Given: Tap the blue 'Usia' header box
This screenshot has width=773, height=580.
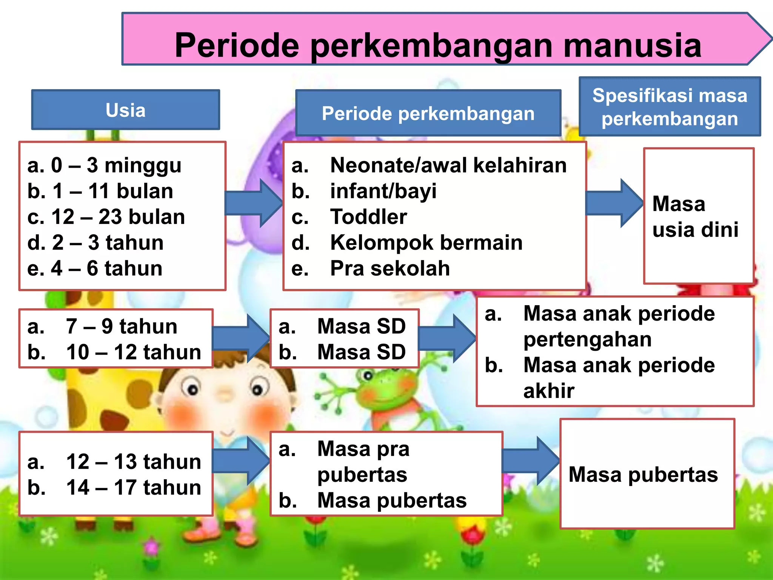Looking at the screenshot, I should pyautogui.click(x=125, y=110).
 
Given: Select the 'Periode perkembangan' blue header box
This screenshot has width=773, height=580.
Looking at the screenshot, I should pyautogui.click(x=428, y=113).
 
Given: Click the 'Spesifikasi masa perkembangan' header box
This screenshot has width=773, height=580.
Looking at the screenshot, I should pyautogui.click(x=670, y=107).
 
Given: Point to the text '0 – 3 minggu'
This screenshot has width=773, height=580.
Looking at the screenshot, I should pyautogui.click(x=116, y=165).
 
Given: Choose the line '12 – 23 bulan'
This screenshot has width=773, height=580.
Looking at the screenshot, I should pyautogui.click(x=118, y=217).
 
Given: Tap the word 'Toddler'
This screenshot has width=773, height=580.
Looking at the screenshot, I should pyautogui.click(x=368, y=217).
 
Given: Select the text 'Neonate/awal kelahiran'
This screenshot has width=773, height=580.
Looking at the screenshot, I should pyautogui.click(x=448, y=165).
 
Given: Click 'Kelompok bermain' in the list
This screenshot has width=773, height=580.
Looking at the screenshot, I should pyautogui.click(x=426, y=242).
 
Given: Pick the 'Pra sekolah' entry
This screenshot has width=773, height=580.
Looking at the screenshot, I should pyautogui.click(x=390, y=268).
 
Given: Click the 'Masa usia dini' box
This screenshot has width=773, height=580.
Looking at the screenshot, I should pyautogui.click(x=698, y=216).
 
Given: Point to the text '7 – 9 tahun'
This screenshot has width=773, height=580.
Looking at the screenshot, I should pyautogui.click(x=121, y=326).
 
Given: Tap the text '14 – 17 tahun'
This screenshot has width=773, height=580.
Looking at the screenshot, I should pyautogui.click(x=133, y=487).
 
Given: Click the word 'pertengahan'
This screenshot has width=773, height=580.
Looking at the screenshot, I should pyautogui.click(x=587, y=339).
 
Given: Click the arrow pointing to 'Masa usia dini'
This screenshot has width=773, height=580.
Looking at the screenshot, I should pyautogui.click(x=614, y=203).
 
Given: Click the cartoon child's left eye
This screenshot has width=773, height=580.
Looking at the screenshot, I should pyautogui.click(x=192, y=389).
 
